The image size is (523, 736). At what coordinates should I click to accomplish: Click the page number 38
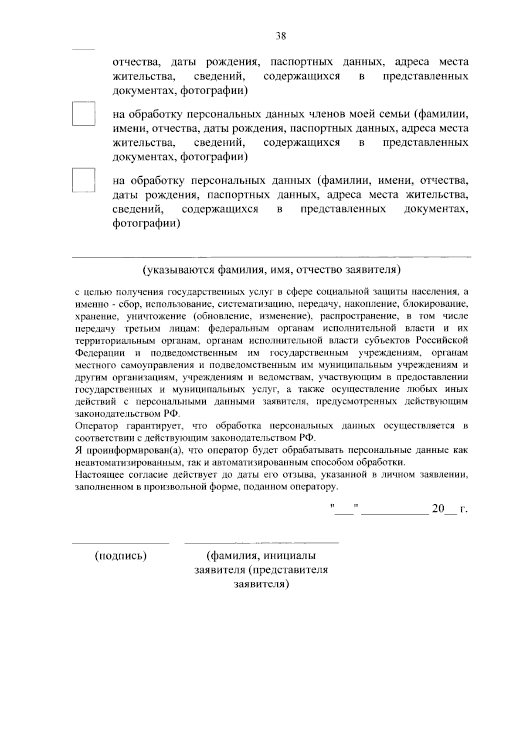coord(281,37)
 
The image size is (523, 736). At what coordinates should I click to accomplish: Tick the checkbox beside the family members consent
coord(83,114)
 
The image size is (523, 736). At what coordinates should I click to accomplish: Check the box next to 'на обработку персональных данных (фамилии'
coord(83,180)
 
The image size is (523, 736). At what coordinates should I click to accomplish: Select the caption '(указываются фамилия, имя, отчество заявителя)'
coord(271,270)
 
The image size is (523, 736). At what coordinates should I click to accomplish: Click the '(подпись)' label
coord(121,556)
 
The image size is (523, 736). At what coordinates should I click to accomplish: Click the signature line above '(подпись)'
coord(121,543)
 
